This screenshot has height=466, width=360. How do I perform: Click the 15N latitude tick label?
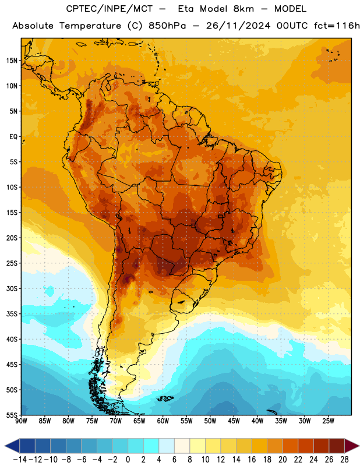[x=12, y=61]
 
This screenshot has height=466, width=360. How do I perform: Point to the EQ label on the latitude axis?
[x=13, y=137]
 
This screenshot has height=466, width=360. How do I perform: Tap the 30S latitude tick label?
[x=12, y=288]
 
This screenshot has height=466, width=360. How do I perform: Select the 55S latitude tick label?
[x=12, y=415]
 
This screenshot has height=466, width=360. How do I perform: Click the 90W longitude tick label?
[x=21, y=421]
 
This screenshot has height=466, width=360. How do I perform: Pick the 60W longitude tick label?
[x=163, y=421]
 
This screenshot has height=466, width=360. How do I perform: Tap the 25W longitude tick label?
[x=328, y=421]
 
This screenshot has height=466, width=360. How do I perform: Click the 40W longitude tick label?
[x=257, y=421]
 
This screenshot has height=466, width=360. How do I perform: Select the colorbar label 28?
[x=344, y=460]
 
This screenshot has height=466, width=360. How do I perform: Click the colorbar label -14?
[x=20, y=460]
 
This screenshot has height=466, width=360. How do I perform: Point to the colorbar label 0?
[x=128, y=460]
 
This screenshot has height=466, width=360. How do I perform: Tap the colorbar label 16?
[x=252, y=460]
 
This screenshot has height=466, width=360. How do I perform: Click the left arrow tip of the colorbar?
[x=5, y=446]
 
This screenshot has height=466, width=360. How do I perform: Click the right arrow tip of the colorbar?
[x=359, y=446]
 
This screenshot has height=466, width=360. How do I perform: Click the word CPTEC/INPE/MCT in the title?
[x=109, y=9]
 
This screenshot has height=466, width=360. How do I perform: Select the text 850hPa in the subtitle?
[x=167, y=26]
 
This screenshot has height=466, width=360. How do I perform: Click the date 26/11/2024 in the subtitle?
[x=238, y=26]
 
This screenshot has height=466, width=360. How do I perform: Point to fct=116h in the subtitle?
[x=337, y=26]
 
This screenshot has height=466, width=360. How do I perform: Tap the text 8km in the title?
[x=243, y=9]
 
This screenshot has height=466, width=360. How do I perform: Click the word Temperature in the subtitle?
[x=90, y=26]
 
